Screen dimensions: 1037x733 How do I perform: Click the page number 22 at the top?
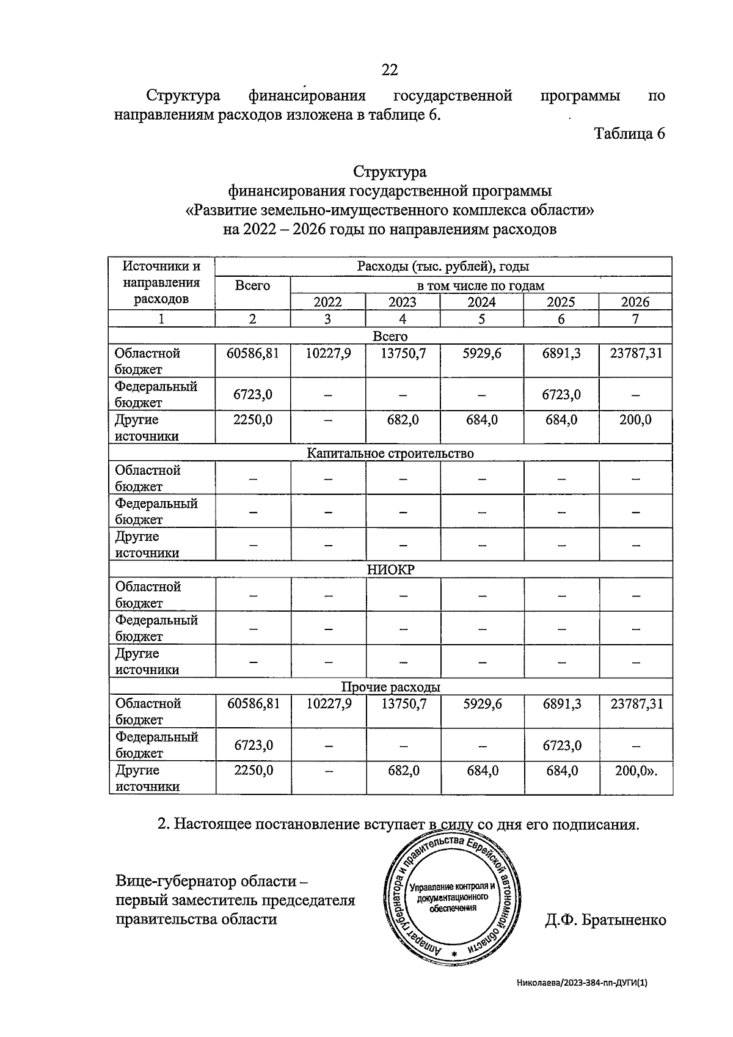click(x=390, y=70)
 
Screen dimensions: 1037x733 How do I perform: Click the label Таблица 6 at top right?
click(x=629, y=133)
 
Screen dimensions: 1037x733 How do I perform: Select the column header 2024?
click(x=481, y=302)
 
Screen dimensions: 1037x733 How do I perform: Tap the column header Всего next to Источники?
click(x=252, y=285)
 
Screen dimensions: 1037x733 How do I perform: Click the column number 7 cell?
click(x=635, y=318)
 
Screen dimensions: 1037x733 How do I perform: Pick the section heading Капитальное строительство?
click(x=390, y=453)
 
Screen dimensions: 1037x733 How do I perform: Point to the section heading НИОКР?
click(x=390, y=570)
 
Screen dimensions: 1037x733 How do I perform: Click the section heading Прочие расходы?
click(x=390, y=687)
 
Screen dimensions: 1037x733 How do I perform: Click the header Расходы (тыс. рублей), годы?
click(x=443, y=266)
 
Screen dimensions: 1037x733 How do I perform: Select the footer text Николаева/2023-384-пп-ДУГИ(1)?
click(x=581, y=983)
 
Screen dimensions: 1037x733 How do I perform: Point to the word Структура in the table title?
click(x=390, y=172)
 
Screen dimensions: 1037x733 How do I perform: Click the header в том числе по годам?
click(x=481, y=285)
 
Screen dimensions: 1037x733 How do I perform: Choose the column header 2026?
click(x=635, y=302)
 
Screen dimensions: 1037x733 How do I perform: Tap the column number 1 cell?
click(x=161, y=318)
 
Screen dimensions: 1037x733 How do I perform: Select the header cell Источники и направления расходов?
click(x=161, y=282)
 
